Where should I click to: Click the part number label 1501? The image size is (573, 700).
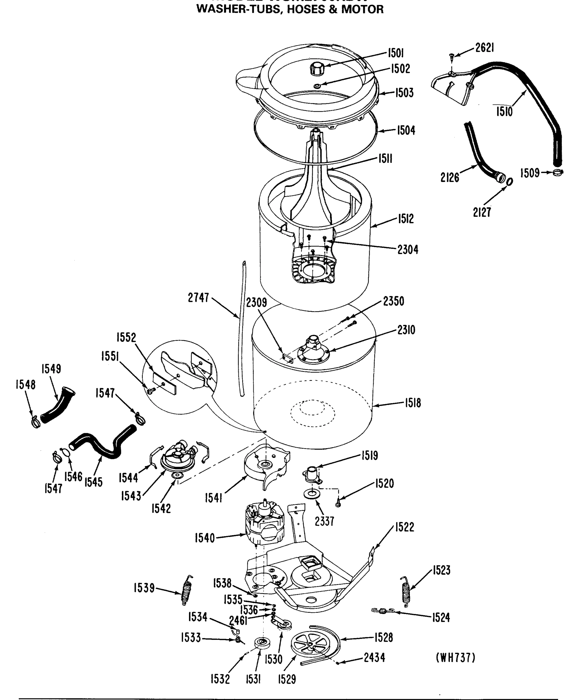coord(395,53)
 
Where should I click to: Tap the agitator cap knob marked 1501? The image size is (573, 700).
coord(317,70)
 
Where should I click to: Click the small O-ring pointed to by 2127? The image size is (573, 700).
coord(509,181)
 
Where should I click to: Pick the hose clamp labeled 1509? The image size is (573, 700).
coord(558,172)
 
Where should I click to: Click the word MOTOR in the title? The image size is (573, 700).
coord(362,9)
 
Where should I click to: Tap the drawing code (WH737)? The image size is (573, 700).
coord(456,658)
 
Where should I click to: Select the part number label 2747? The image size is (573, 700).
coord(198,298)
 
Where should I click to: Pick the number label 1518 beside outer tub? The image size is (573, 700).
coord(413,403)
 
